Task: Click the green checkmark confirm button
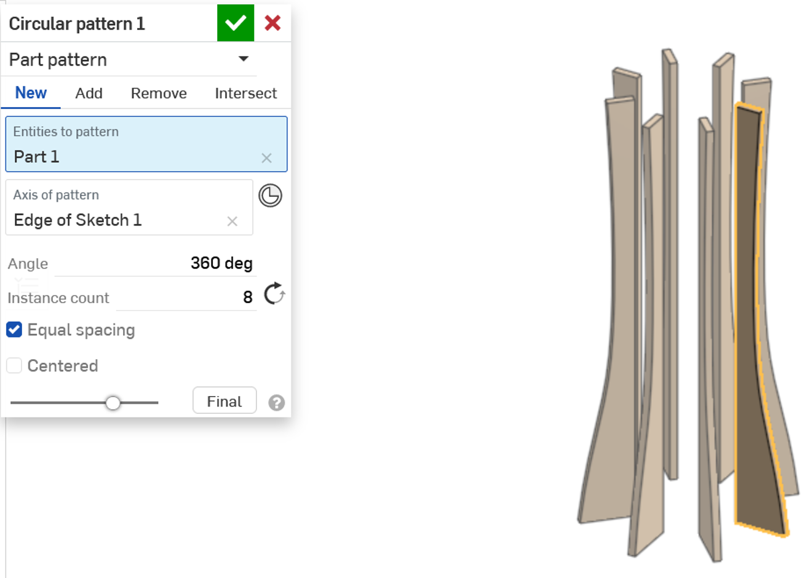(236, 23)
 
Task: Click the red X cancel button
(272, 23)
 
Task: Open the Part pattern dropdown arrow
(244, 59)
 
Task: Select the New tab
(31, 93)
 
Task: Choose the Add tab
(89, 93)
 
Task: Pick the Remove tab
(159, 93)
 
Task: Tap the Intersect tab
(245, 93)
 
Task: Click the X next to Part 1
(266, 158)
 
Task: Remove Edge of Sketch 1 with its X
(232, 221)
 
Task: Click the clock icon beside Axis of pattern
(270, 196)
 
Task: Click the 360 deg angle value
(221, 263)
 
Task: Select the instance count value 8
(247, 298)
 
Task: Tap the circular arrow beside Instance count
(274, 294)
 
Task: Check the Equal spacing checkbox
(14, 330)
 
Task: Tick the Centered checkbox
(14, 366)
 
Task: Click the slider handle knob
(113, 403)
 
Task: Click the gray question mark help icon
(277, 403)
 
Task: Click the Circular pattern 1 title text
(77, 24)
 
